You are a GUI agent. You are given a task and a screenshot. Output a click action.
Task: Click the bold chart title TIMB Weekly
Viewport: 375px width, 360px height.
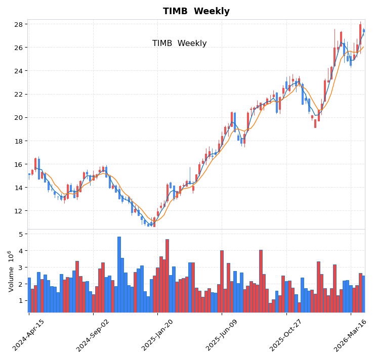click(196, 11)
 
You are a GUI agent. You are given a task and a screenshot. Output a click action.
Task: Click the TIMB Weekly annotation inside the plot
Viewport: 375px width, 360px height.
click(179, 43)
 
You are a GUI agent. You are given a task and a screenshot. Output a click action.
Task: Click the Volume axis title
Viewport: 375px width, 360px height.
click(11, 271)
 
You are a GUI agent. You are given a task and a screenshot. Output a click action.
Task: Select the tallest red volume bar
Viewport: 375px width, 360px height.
click(167, 276)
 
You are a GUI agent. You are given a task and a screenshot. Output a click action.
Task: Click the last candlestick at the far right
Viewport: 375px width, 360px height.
click(363, 31)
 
